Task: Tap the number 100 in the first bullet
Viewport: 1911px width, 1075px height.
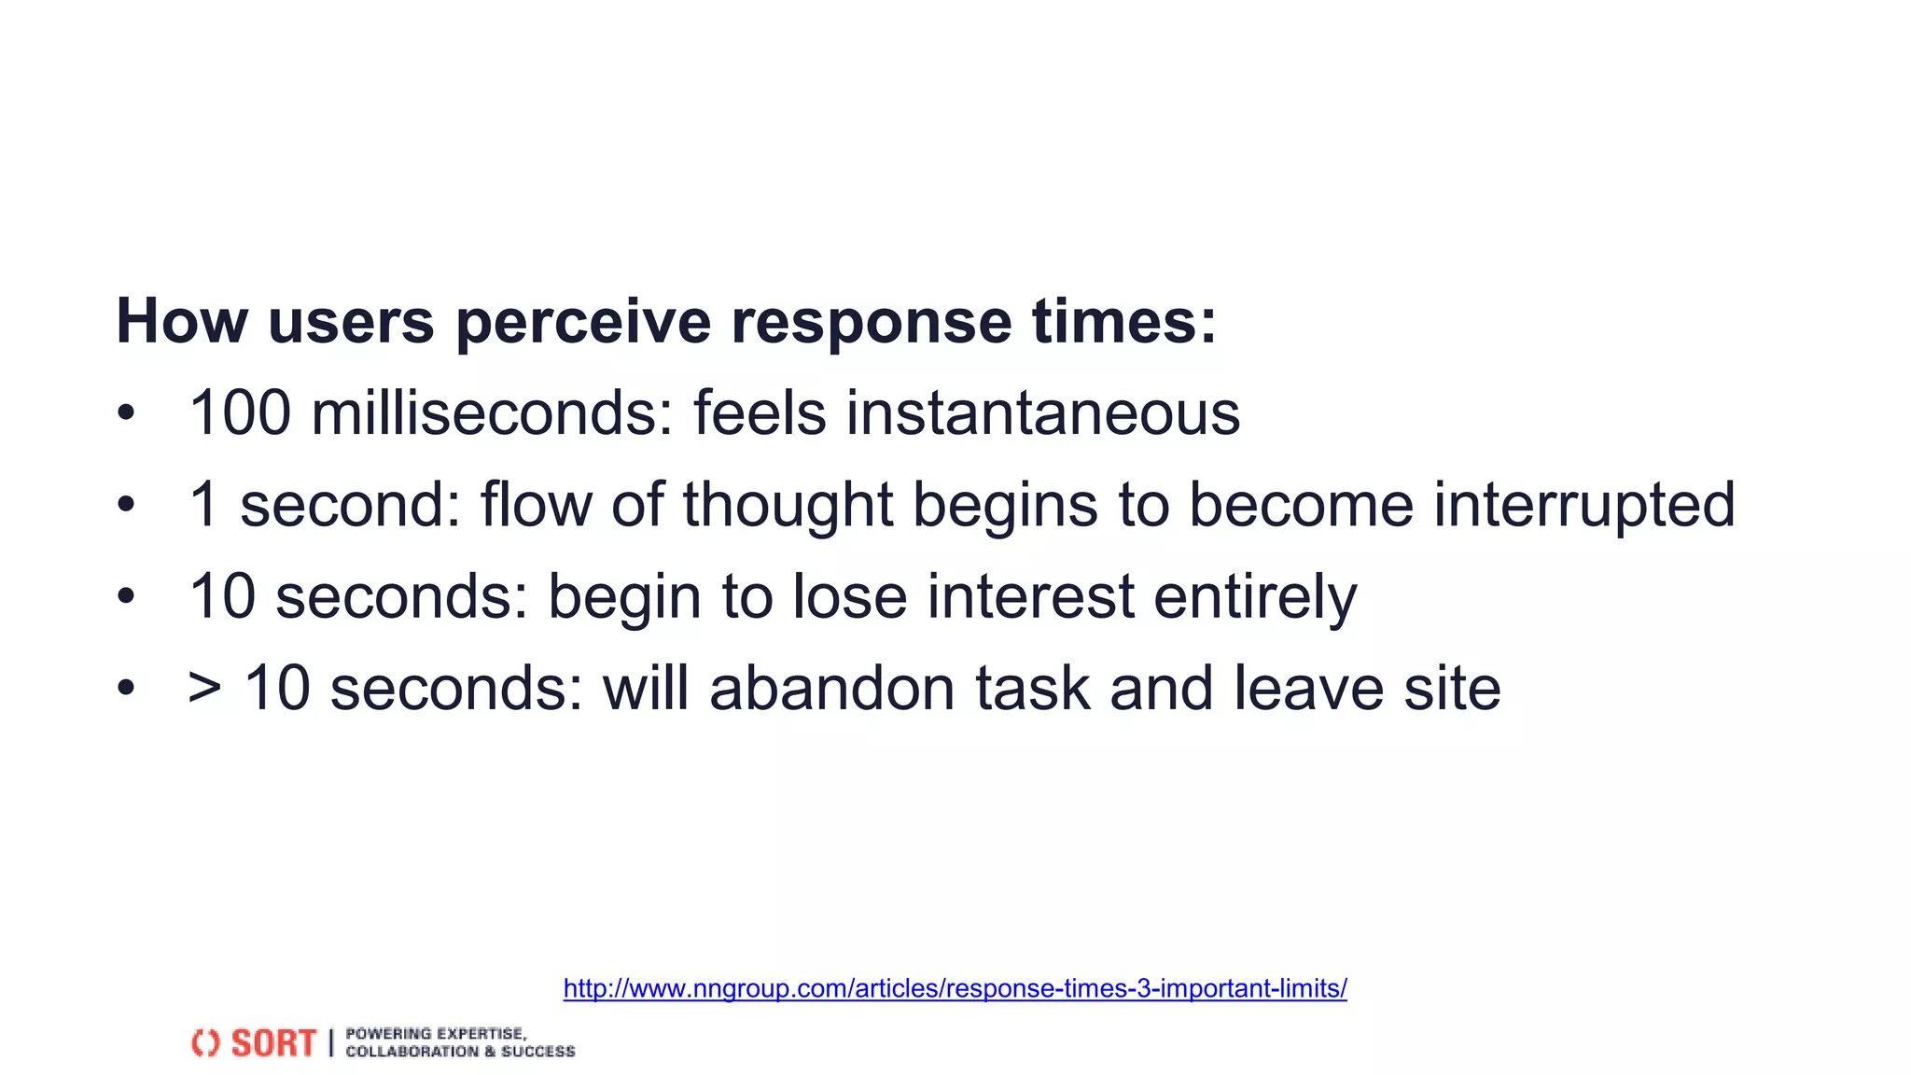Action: click(240, 412)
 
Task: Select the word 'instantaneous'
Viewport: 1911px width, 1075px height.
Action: click(1042, 412)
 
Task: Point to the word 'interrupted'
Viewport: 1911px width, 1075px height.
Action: click(1583, 505)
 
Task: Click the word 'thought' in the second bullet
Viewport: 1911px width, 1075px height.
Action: click(788, 505)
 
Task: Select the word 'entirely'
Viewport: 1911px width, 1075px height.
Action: click(1255, 596)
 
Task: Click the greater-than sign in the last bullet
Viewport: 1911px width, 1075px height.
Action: click(204, 689)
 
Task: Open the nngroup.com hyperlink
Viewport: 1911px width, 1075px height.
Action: click(955, 988)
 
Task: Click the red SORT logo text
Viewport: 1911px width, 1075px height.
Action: click(273, 1043)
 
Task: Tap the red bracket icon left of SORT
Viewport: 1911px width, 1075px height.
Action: click(205, 1043)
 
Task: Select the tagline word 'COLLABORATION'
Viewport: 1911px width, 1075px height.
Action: click(411, 1052)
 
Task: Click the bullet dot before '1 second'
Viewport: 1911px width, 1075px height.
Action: click(126, 505)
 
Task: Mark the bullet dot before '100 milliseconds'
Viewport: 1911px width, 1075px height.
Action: click(126, 412)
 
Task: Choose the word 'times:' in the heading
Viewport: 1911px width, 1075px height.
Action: click(1123, 322)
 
